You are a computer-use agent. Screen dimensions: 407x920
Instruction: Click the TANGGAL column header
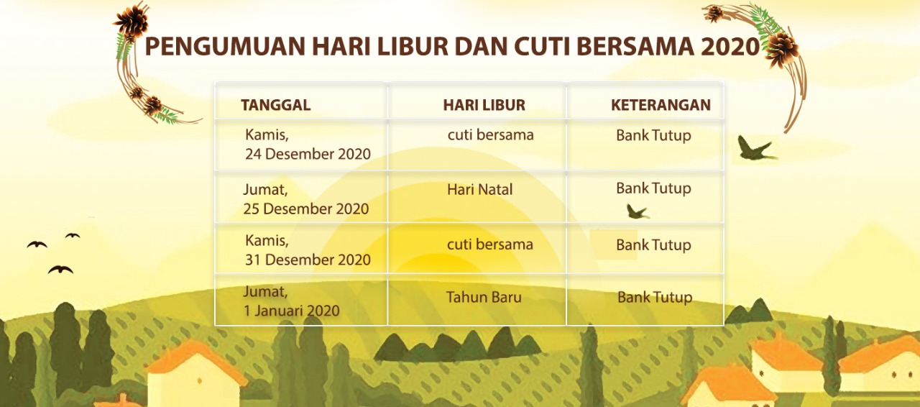[276, 105]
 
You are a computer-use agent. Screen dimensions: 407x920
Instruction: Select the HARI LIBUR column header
[484, 105]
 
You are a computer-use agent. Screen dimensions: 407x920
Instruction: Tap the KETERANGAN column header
[661, 105]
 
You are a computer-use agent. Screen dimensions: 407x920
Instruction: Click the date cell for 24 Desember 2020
[308, 145]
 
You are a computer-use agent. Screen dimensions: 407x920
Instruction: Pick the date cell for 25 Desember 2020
[307, 199]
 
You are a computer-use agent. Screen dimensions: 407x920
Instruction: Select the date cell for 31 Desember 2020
[308, 250]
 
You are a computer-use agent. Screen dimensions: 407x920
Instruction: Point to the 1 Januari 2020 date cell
[292, 302]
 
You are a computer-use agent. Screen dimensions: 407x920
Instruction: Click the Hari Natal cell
[480, 190]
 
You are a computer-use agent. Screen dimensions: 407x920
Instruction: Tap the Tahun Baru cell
[484, 297]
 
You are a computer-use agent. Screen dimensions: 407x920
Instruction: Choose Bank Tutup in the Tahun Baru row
[655, 297]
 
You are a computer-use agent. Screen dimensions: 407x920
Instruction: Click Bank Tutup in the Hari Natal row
[653, 188]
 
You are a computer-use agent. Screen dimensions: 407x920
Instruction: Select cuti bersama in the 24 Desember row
[490, 135]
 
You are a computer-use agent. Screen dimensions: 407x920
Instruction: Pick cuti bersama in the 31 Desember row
[490, 244]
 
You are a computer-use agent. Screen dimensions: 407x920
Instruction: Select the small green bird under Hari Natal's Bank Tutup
[637, 211]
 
